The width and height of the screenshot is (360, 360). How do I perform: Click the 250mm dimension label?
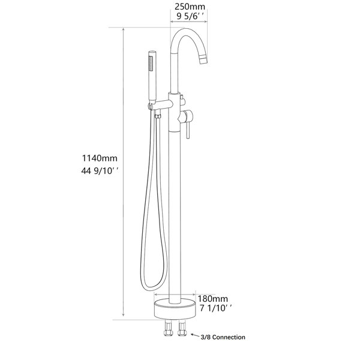pyautogui.click(x=190, y=7)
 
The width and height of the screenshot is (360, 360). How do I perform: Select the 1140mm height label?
pyautogui.click(x=100, y=158)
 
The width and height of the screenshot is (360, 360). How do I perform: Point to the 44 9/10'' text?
pyautogui.click(x=100, y=171)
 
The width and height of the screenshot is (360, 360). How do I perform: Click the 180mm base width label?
pyautogui.click(x=213, y=299)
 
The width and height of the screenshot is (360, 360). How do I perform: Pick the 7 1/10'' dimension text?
pyautogui.click(x=215, y=308)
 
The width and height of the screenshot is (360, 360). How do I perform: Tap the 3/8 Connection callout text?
pyautogui.click(x=223, y=337)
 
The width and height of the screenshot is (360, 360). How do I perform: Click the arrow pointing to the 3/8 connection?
pyautogui.click(x=196, y=335)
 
